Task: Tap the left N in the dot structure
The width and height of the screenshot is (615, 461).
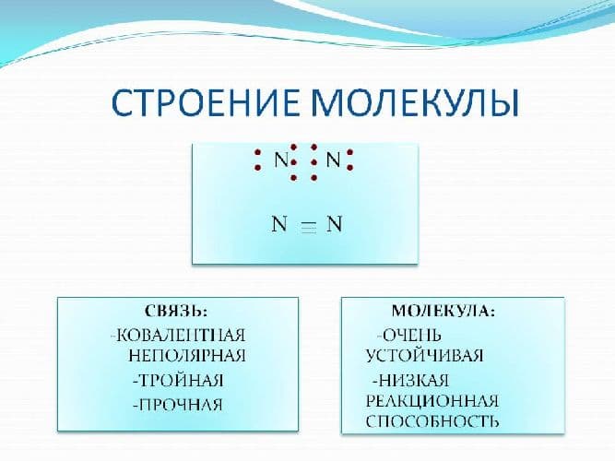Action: click(282, 160)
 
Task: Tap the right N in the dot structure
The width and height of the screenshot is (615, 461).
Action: click(334, 160)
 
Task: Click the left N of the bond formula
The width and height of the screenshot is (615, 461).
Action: click(279, 225)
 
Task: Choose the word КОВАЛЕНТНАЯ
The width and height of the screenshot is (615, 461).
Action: click(179, 334)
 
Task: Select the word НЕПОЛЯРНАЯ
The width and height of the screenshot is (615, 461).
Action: click(188, 355)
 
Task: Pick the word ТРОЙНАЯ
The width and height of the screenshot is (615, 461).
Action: click(181, 380)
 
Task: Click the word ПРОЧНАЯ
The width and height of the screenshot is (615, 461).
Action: click(181, 404)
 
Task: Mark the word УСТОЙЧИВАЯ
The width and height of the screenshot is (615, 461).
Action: click(424, 355)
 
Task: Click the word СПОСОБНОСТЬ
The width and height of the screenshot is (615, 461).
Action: click(432, 422)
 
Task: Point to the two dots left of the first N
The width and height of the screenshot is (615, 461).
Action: click(258, 160)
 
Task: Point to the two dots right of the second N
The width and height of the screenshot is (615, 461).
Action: click(351, 160)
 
